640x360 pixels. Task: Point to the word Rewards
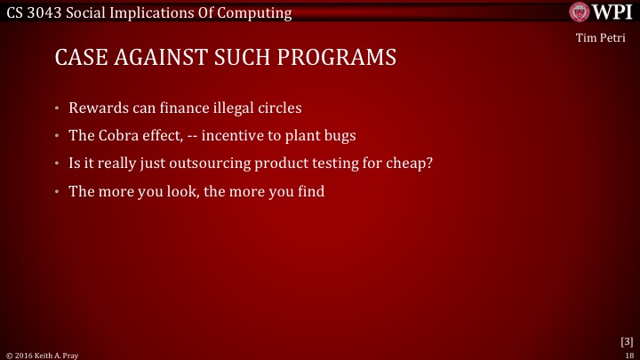click(99, 108)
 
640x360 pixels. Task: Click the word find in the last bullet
click(308, 189)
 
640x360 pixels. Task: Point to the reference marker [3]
click(626, 341)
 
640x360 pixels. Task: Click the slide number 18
click(628, 354)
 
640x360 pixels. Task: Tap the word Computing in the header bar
click(260, 12)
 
